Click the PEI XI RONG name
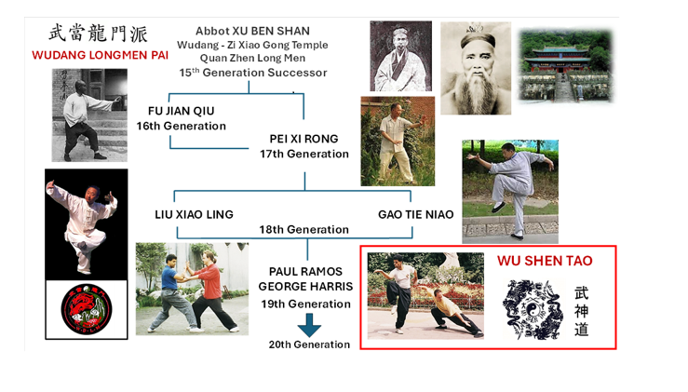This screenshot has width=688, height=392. [304, 139]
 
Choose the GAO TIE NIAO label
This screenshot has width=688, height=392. [416, 214]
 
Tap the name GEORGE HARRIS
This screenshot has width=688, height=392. [306, 287]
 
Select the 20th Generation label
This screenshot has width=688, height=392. [309, 345]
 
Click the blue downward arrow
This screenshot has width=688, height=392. [306, 325]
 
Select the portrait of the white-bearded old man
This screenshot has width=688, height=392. [475, 67]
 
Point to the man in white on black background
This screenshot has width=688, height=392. [87, 223]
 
